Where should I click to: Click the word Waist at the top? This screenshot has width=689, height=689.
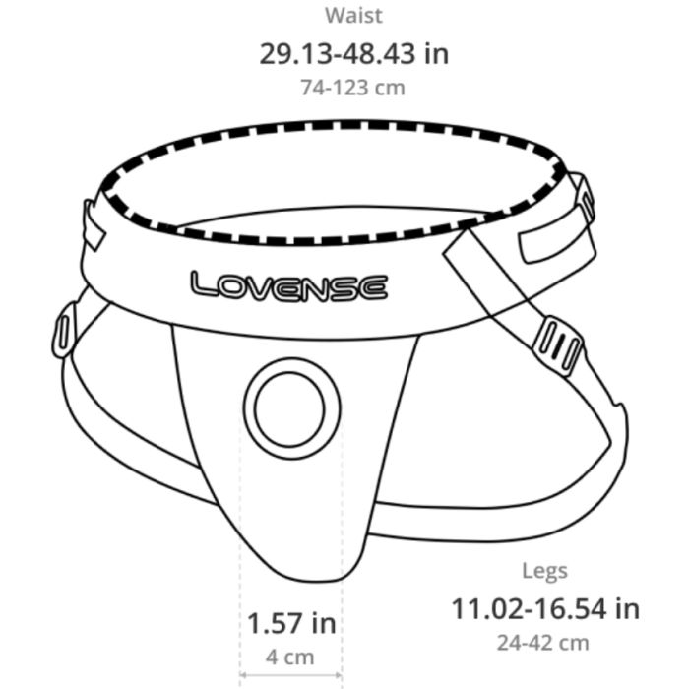pyautogui.click(x=353, y=16)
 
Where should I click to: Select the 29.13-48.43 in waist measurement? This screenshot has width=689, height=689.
pyautogui.click(x=353, y=52)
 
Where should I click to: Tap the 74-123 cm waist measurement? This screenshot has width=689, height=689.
pyautogui.click(x=353, y=87)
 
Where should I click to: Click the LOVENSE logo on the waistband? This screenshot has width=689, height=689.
pyautogui.click(x=288, y=286)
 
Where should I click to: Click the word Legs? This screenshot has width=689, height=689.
pyautogui.click(x=544, y=571)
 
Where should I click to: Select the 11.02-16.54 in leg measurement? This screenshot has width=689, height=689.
pyautogui.click(x=544, y=608)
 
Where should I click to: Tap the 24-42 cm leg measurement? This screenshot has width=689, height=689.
pyautogui.click(x=544, y=642)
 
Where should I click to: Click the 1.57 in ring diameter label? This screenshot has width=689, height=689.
pyautogui.click(x=291, y=623)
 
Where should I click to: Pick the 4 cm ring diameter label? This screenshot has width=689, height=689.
pyautogui.click(x=291, y=657)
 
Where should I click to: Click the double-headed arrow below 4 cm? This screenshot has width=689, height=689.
pyautogui.click(x=291, y=678)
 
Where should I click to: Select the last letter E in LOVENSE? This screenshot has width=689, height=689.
pyautogui.click(x=371, y=288)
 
